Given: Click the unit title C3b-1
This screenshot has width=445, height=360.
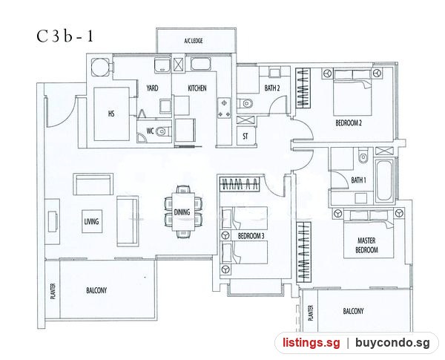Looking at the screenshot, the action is (x=65, y=36).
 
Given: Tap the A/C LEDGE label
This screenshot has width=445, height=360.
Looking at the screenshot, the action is (x=194, y=41).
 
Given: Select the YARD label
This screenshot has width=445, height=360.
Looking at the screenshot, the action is (x=152, y=88).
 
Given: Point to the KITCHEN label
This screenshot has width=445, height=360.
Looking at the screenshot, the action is (x=197, y=88).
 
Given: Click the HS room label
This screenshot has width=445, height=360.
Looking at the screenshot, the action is (x=111, y=114).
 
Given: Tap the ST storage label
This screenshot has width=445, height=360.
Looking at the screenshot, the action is (x=245, y=137).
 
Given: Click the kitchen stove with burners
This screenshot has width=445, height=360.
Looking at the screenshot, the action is (x=224, y=108).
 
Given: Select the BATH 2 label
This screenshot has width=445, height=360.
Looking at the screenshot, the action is (x=272, y=88).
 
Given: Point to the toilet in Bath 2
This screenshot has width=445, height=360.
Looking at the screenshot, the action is (x=245, y=103).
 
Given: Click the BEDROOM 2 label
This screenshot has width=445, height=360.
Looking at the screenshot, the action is (x=349, y=123).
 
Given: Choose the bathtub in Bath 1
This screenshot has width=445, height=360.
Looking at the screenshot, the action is (x=384, y=180).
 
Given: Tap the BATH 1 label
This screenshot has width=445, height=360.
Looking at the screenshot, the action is (x=358, y=180).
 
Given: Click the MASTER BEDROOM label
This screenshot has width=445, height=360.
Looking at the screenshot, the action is (x=366, y=246).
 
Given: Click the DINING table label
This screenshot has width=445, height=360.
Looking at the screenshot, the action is (x=182, y=212).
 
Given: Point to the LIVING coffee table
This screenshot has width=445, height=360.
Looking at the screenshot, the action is (x=92, y=221).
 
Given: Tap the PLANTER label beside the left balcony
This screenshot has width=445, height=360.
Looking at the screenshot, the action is (x=53, y=291).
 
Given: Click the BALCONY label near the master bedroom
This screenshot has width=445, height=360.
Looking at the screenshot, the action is (x=353, y=312).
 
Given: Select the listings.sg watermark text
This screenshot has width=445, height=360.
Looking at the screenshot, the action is (x=311, y=343).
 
